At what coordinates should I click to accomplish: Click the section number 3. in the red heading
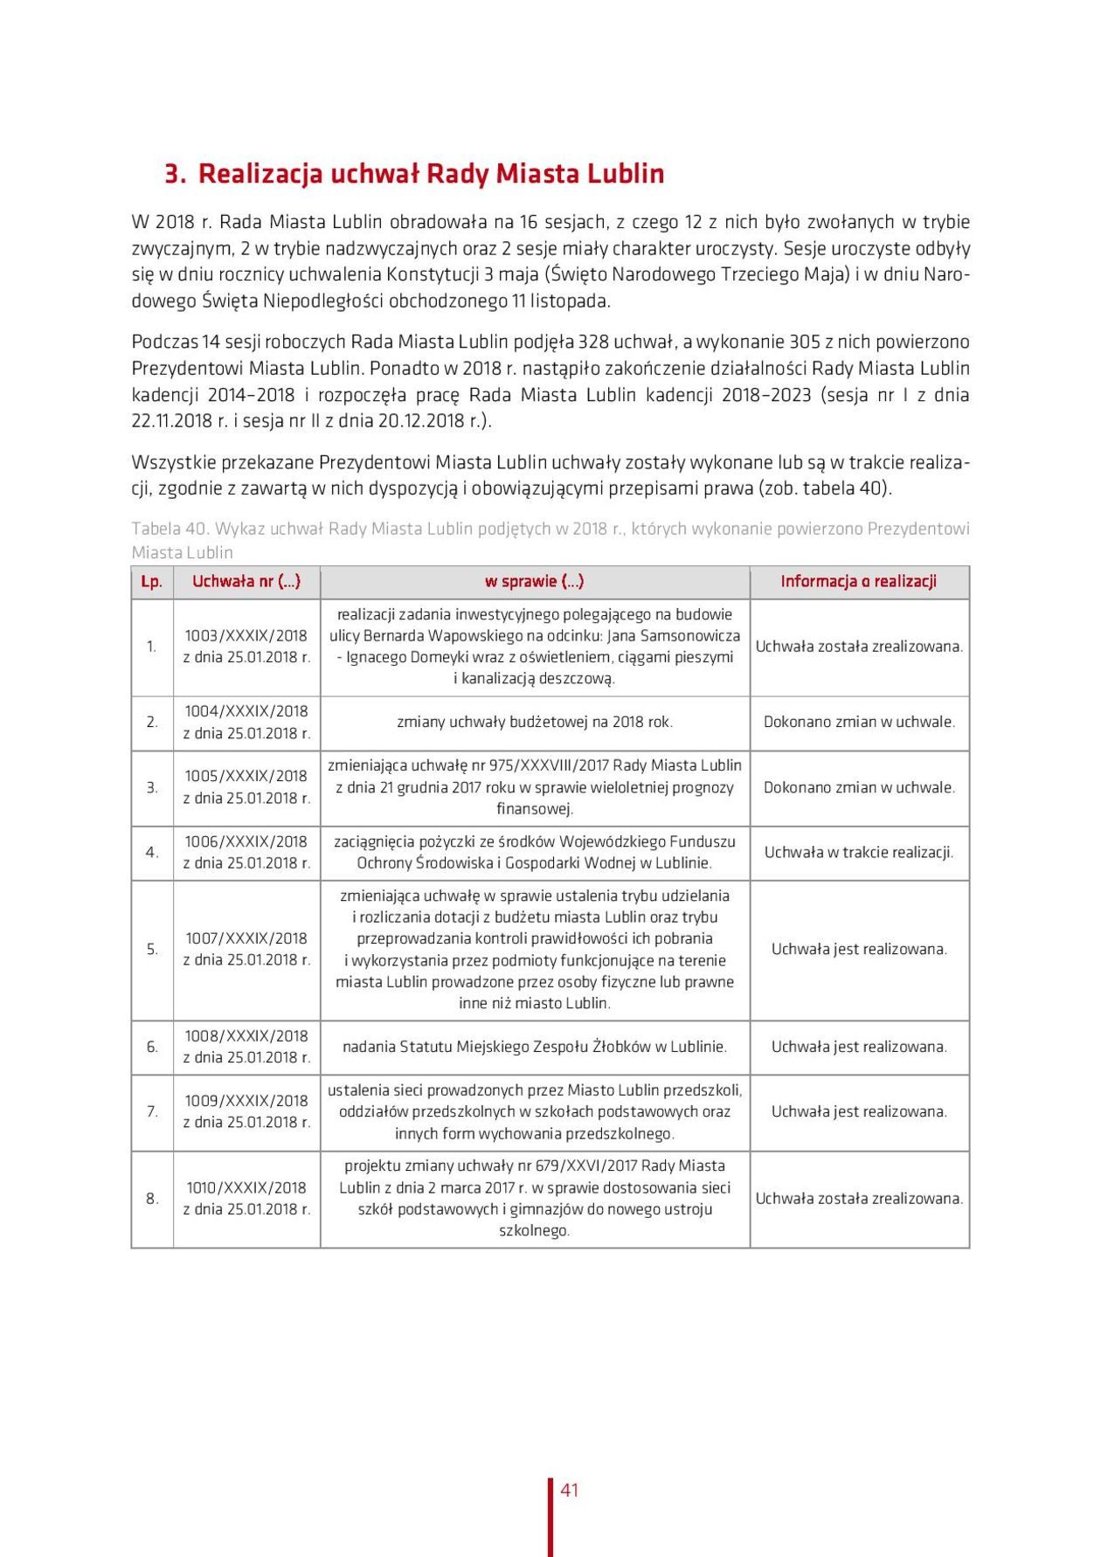point(176,174)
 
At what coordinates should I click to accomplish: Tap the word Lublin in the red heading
point(624,174)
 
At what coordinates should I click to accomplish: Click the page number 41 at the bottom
point(570,1490)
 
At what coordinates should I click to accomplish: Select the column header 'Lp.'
point(152,582)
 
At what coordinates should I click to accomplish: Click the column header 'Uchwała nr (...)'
point(246,582)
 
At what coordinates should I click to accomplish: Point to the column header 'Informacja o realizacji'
point(859,582)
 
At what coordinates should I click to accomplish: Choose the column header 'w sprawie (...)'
point(535,582)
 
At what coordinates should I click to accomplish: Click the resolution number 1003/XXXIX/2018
point(246,636)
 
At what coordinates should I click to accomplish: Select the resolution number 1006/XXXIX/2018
point(246,841)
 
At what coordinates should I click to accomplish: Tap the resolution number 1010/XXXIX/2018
point(246,1187)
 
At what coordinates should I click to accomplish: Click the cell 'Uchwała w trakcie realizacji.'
point(859,852)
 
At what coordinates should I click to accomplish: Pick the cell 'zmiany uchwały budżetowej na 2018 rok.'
point(535,723)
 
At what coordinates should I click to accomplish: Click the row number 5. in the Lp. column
point(152,949)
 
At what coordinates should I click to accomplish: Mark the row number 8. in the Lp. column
point(152,1199)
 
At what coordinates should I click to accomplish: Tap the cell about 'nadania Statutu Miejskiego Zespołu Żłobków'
point(535,1047)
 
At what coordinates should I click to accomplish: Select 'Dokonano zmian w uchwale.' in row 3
point(859,787)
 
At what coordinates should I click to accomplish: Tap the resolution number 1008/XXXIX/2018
point(246,1036)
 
